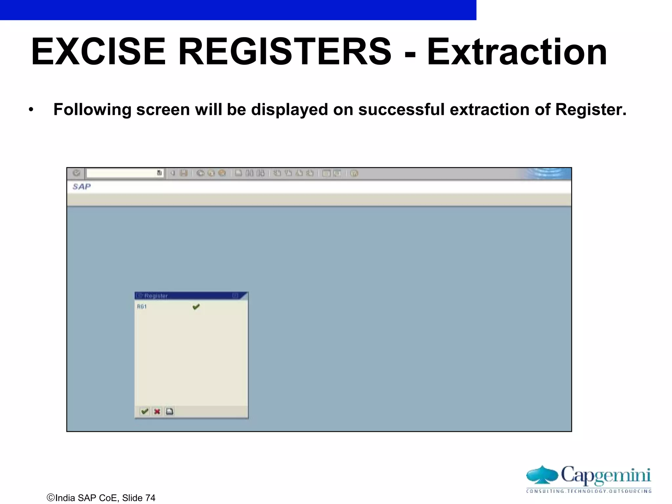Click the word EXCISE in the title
(x=98, y=52)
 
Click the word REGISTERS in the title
(x=284, y=52)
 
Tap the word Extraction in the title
(x=517, y=52)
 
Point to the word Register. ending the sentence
(x=591, y=109)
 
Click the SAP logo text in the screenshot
(x=81, y=187)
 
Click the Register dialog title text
(x=156, y=296)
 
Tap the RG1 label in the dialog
(x=142, y=306)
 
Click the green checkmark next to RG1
(x=196, y=307)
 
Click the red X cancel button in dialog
(x=157, y=411)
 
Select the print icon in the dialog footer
(x=170, y=411)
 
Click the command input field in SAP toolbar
(x=121, y=173)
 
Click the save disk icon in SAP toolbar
(x=184, y=173)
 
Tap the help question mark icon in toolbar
(x=354, y=173)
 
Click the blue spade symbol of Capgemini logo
(x=542, y=475)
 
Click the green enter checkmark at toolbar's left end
(x=76, y=173)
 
